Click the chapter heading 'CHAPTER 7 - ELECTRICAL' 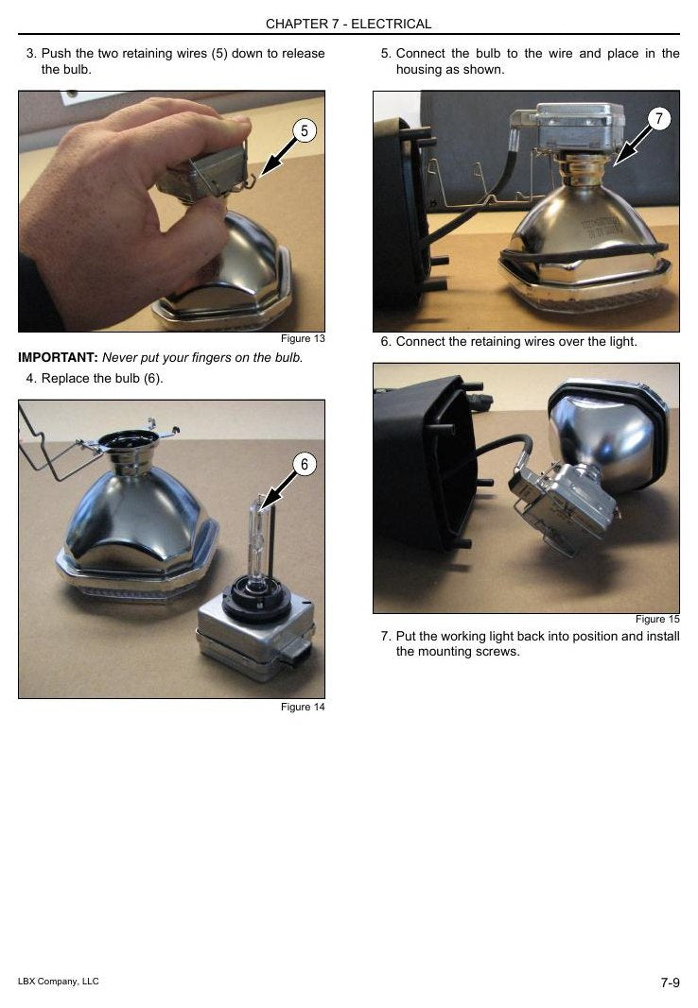pos(348,24)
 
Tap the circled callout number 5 pos(305,130)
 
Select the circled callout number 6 pos(305,464)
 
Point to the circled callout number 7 pos(658,118)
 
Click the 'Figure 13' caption pos(303,339)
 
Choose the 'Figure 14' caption pos(303,708)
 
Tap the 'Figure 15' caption pos(656,619)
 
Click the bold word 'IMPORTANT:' pos(58,357)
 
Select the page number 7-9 pos(670,982)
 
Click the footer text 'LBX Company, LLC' pos(59,981)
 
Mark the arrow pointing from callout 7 pos(632,145)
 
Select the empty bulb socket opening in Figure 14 pos(130,438)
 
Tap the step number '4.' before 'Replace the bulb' pos(31,379)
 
